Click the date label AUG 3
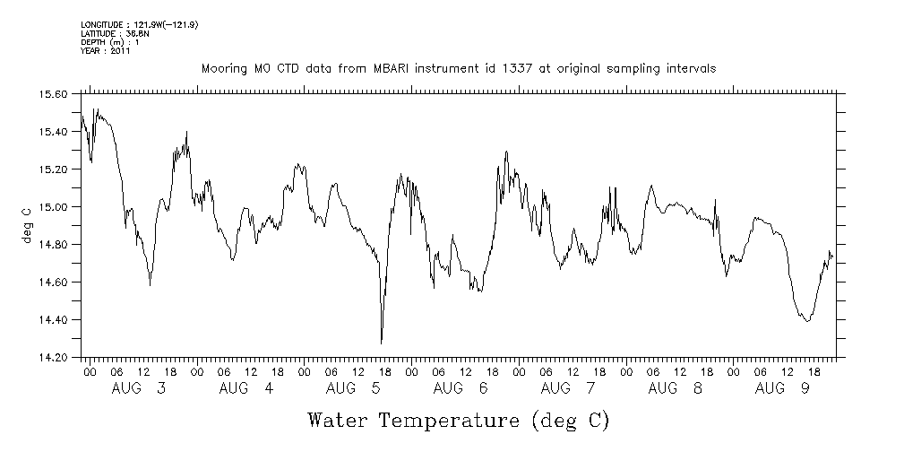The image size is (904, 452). pyautogui.click(x=139, y=388)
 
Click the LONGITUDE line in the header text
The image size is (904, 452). pyautogui.click(x=139, y=24)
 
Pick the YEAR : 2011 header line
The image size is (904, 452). pyautogui.click(x=106, y=51)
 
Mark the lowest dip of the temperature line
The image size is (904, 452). pyautogui.click(x=382, y=343)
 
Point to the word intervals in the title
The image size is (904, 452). pyautogui.click(x=691, y=69)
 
